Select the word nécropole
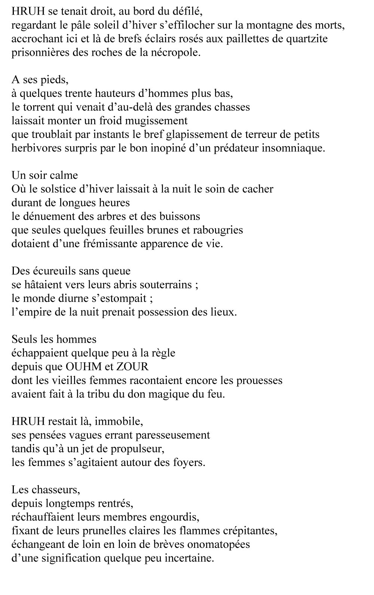(178, 53)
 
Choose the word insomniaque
(292, 148)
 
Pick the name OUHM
(86, 366)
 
